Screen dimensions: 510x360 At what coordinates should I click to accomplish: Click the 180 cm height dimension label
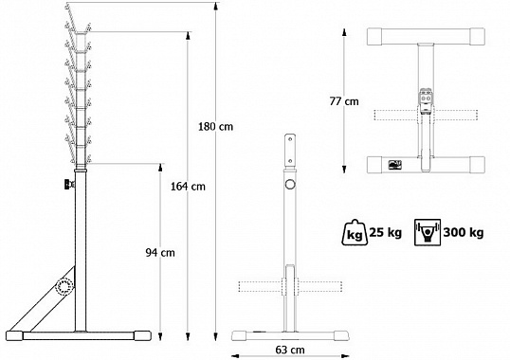point(215,126)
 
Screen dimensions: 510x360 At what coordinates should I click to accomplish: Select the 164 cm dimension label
point(188,187)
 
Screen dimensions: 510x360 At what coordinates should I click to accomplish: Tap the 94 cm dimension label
point(160,252)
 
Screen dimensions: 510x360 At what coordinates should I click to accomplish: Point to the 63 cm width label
point(290,350)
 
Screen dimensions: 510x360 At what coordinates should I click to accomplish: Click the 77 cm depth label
point(344,101)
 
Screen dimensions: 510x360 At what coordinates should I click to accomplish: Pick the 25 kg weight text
point(386,233)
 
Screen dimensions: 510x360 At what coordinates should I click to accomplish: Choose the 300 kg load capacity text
point(464,233)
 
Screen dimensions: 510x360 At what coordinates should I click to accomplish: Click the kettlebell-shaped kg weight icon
point(355,232)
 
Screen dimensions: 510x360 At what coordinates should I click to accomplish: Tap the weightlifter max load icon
point(428,232)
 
